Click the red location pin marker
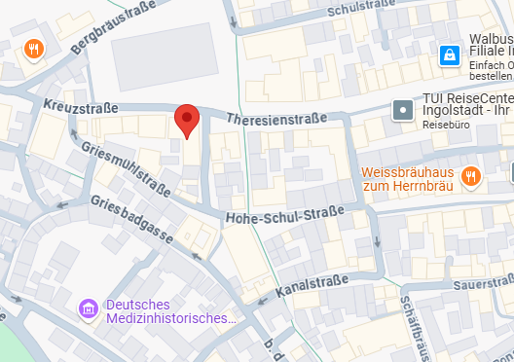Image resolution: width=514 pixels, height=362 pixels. (188, 122)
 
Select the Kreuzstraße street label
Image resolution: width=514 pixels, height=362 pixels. (81, 107)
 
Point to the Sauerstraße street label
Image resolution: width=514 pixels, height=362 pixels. (483, 282)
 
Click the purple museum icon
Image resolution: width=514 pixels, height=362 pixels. (89, 309)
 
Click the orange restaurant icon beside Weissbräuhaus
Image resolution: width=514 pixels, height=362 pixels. (471, 176)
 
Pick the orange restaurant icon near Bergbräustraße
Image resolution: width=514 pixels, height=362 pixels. (34, 48)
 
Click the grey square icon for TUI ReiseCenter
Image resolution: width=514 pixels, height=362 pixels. (402, 110)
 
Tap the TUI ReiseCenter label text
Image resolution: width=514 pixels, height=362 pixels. (465, 107)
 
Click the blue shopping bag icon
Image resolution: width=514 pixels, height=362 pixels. (449, 55)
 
